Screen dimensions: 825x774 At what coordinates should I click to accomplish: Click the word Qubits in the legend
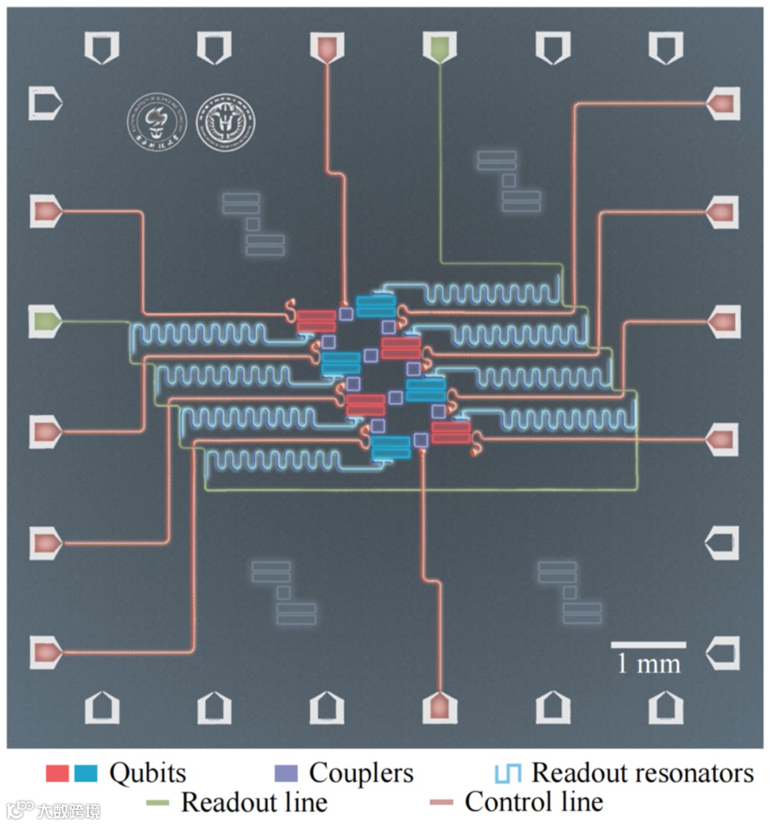[x=147, y=773]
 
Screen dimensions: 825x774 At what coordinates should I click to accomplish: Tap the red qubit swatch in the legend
[x=57, y=773]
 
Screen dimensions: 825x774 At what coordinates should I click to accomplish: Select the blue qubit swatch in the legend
[x=85, y=773]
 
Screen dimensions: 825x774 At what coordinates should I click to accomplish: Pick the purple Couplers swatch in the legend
[x=286, y=773]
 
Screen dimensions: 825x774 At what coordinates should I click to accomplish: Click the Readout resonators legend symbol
[x=507, y=773]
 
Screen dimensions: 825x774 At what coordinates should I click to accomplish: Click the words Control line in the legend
[x=533, y=802]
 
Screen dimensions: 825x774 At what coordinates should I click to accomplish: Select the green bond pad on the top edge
[x=440, y=47]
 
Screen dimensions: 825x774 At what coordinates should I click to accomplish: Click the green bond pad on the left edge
[x=45, y=323]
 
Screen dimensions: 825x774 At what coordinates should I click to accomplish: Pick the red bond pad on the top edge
[x=328, y=47]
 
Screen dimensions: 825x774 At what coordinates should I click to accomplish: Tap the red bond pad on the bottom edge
[x=439, y=707]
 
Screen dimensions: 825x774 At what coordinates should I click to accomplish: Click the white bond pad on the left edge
[x=45, y=104]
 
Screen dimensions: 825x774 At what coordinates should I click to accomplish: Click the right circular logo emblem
[x=226, y=122]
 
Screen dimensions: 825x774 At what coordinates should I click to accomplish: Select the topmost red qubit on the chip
[x=316, y=320]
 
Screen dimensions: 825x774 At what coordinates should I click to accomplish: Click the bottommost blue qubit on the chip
[x=391, y=447]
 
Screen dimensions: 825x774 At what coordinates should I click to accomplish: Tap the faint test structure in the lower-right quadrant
[x=570, y=592]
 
